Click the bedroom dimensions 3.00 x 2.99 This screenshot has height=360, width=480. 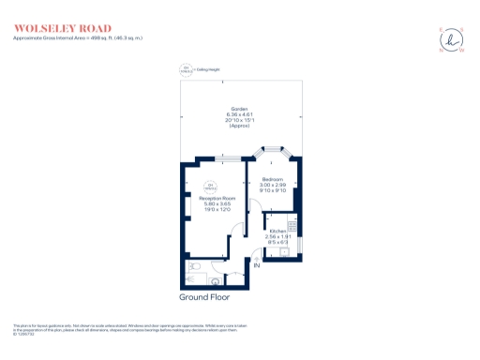pyautogui.click(x=273, y=184)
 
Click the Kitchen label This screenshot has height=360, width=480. pyautogui.click(x=278, y=230)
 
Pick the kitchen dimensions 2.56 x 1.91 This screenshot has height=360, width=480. pyautogui.click(x=278, y=236)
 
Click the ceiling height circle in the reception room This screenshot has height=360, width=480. pyautogui.click(x=210, y=186)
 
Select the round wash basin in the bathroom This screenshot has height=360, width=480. pyautogui.click(x=217, y=278)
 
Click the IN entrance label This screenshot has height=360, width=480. pyautogui.click(x=255, y=266)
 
